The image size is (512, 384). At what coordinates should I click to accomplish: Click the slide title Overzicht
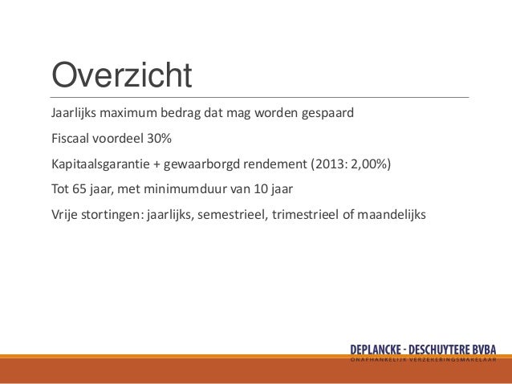pos(122,76)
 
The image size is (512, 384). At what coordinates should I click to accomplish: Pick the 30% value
pos(158,139)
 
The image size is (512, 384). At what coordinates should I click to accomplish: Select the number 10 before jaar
pos(259,190)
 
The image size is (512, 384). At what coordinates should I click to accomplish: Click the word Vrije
pos(66,216)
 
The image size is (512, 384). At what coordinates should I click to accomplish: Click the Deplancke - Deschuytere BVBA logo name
pos(423,350)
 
